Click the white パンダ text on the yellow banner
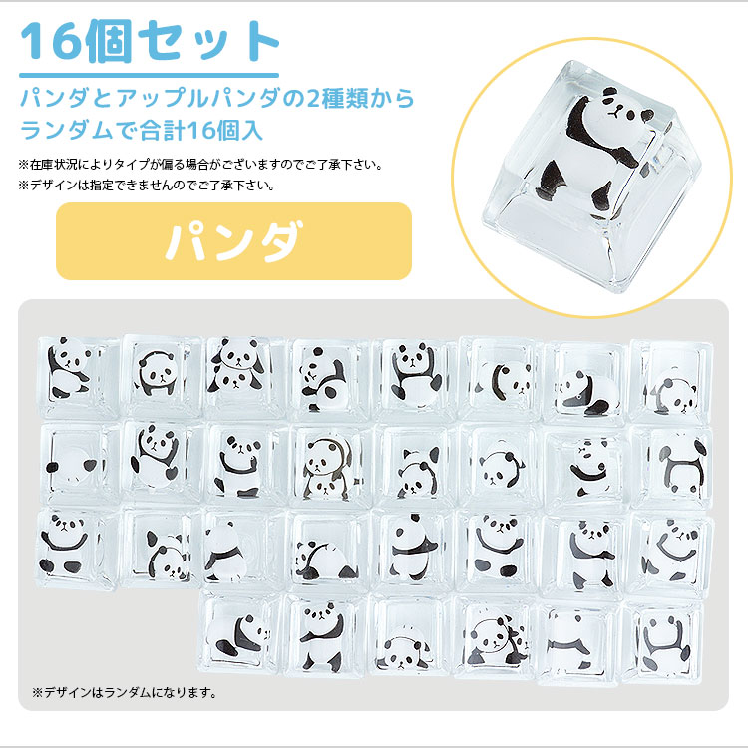coord(233,241)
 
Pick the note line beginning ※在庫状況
coord(200,164)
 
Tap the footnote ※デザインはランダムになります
coord(125,691)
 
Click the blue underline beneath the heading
coord(150,74)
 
